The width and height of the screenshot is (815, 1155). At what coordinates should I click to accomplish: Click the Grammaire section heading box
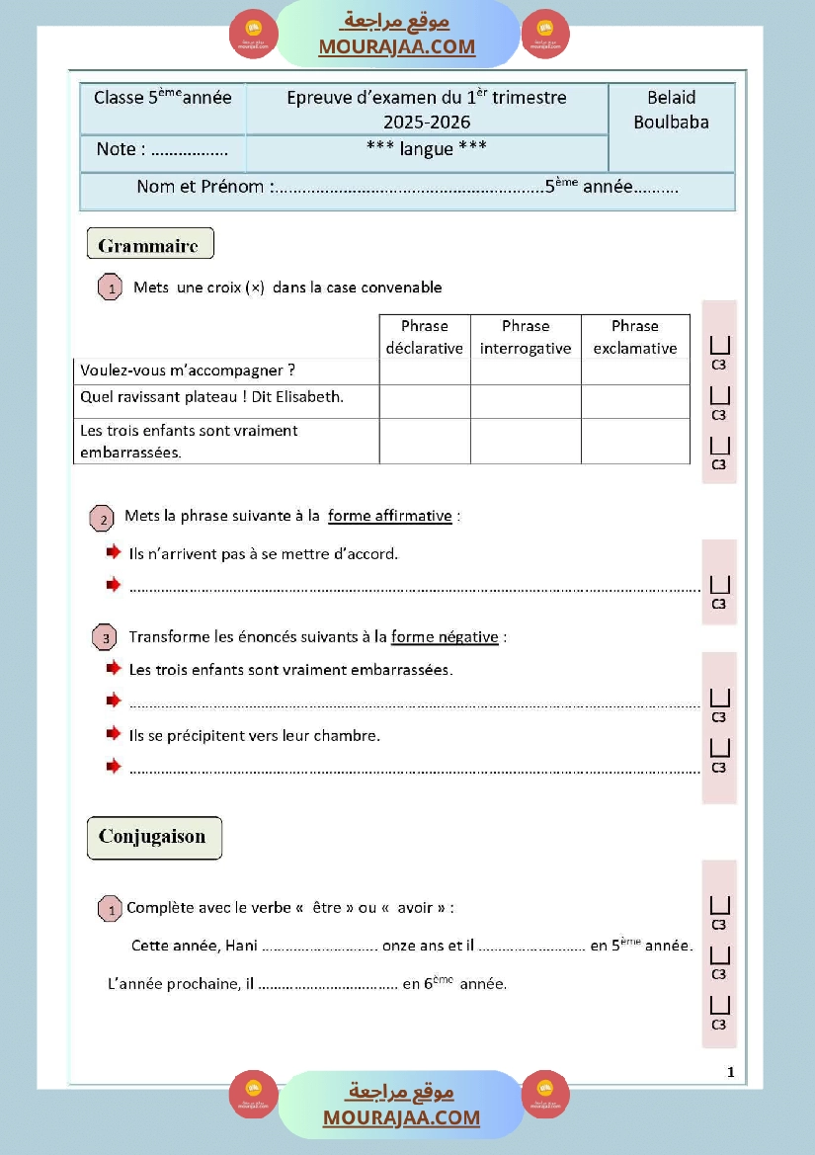pyautogui.click(x=150, y=243)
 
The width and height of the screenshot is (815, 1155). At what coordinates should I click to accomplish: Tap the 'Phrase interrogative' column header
pyautogui.click(x=525, y=337)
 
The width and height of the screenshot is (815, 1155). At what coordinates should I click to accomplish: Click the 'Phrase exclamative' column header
pyautogui.click(x=635, y=337)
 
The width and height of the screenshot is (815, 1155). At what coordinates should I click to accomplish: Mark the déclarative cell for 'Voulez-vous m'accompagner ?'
pyautogui.click(x=425, y=371)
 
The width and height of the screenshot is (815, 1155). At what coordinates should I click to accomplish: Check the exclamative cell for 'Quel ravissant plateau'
pyautogui.click(x=635, y=401)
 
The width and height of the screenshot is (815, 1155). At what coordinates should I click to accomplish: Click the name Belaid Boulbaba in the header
pyautogui.click(x=671, y=110)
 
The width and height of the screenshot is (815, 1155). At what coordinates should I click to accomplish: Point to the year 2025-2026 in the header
pyautogui.click(x=427, y=123)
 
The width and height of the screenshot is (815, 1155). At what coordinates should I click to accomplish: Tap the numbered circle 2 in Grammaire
pyautogui.click(x=102, y=519)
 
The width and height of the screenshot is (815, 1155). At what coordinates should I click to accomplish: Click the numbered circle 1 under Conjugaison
pyautogui.click(x=110, y=909)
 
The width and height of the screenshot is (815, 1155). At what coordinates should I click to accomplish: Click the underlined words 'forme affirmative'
pyautogui.click(x=390, y=516)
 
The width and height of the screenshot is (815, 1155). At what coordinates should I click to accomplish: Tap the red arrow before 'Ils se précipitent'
pyautogui.click(x=114, y=734)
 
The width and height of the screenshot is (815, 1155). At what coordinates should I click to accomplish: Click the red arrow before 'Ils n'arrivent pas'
pyautogui.click(x=114, y=552)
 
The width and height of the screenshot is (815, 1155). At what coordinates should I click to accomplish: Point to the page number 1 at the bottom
pyautogui.click(x=730, y=1072)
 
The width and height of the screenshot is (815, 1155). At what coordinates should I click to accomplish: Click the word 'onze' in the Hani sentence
pyautogui.click(x=398, y=946)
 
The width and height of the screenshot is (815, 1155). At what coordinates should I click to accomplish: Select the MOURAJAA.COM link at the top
pyautogui.click(x=396, y=46)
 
